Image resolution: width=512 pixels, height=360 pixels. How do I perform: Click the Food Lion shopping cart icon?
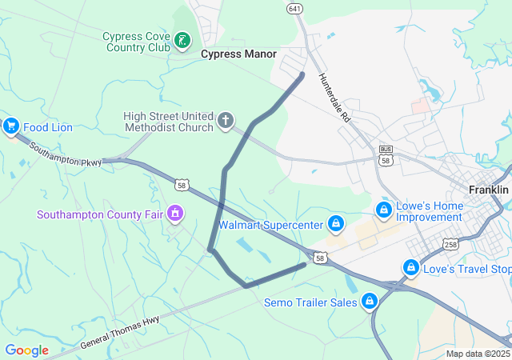[11, 126]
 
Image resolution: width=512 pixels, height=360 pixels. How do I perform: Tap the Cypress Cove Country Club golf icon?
[183, 39]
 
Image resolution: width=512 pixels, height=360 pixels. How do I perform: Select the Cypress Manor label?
[238, 54]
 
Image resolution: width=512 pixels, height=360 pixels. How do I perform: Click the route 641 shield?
[295, 8]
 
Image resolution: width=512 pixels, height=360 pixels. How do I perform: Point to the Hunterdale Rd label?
[335, 98]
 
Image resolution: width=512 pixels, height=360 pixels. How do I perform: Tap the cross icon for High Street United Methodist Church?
[226, 122]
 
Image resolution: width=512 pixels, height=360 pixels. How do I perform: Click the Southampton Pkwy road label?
[66, 154]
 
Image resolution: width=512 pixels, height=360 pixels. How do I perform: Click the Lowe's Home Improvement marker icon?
[384, 210]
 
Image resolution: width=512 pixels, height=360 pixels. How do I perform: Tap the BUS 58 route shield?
[386, 155]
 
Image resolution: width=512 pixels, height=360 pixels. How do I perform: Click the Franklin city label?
[488, 190]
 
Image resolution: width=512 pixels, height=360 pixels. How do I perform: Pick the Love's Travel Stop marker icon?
[411, 267]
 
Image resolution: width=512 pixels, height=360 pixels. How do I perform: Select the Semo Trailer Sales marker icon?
[370, 302]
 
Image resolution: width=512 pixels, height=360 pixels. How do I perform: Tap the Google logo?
[26, 350]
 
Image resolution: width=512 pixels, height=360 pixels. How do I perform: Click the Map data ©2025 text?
[478, 354]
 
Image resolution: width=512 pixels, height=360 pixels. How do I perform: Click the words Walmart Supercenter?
[270, 225]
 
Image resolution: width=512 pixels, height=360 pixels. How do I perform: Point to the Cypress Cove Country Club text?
[137, 42]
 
